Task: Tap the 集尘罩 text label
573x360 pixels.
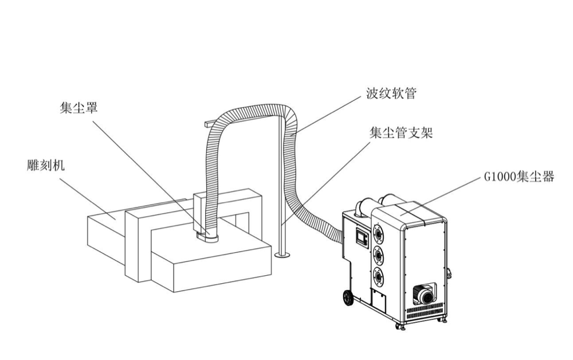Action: pyautogui.click(x=79, y=107)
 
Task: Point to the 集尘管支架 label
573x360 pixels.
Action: pyautogui.click(x=401, y=133)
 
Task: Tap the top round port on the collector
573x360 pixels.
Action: pyautogui.click(x=378, y=233)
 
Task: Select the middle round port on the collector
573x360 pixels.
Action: pyautogui.click(x=378, y=254)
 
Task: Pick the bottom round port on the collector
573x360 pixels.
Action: pyautogui.click(x=378, y=276)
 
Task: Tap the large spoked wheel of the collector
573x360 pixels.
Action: pyautogui.click(x=347, y=298)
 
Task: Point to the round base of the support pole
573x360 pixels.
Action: pyautogui.click(x=281, y=255)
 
